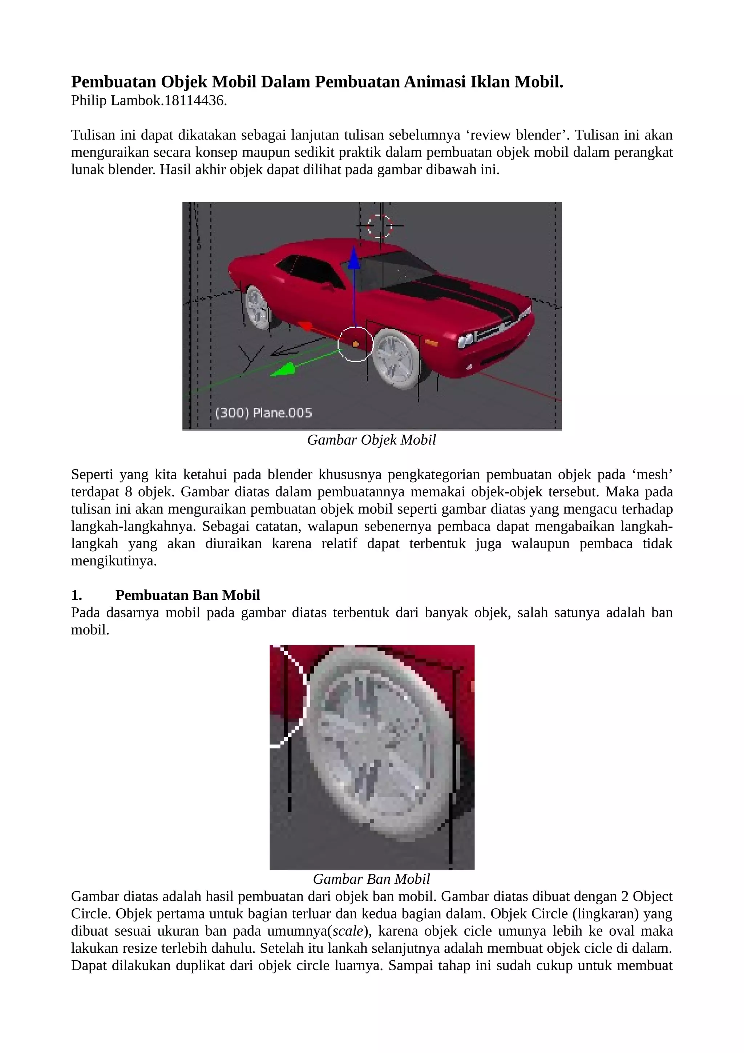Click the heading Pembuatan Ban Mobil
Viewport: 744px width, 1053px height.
(187, 595)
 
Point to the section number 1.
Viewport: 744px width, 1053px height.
(77, 595)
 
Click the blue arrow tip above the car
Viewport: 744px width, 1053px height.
(353, 259)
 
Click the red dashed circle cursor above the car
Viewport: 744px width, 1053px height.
(380, 226)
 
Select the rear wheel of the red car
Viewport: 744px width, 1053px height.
(257, 305)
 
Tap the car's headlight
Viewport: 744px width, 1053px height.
(466, 341)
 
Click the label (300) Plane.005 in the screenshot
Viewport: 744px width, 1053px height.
(264, 413)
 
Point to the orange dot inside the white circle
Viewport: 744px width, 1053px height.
(356, 343)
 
